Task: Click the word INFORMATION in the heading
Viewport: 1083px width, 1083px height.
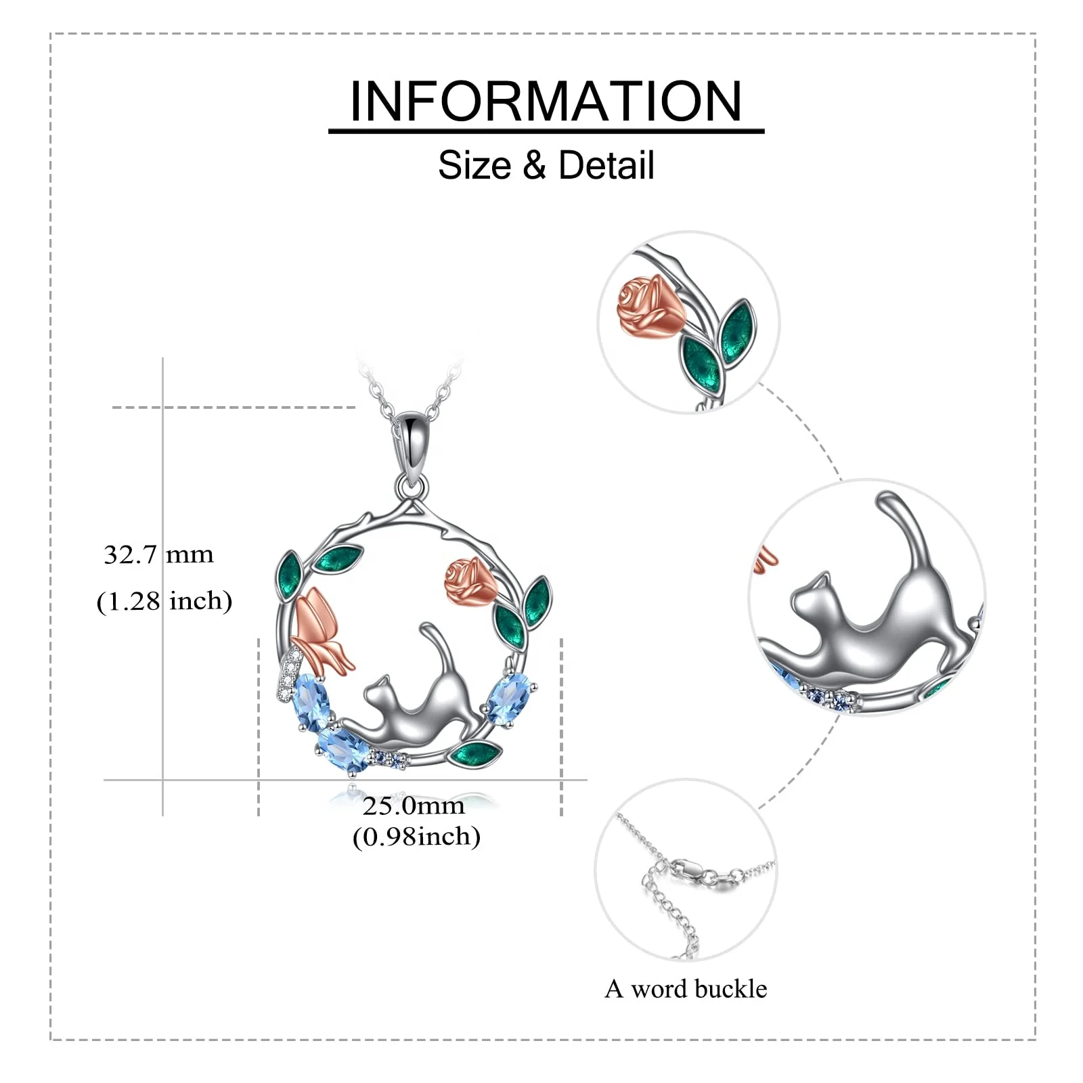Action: [546, 102]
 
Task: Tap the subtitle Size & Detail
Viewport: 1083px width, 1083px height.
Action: [546, 165]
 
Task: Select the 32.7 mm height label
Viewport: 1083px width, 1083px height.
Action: [158, 555]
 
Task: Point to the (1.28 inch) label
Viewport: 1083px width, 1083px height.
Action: [164, 601]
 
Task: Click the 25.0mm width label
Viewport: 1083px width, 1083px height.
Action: [414, 805]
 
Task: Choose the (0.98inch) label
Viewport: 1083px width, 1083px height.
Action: [416, 837]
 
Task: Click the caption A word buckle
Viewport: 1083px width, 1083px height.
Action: [686, 989]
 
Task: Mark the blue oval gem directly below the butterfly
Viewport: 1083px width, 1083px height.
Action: [310, 697]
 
